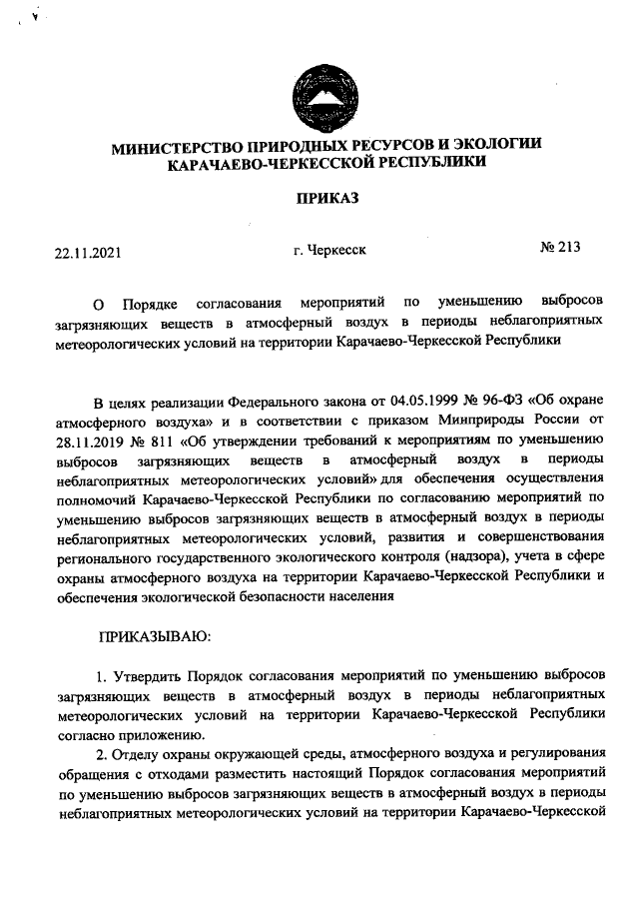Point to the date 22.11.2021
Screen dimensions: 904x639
point(88,252)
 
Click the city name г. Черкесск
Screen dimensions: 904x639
point(330,251)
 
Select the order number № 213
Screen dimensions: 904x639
point(560,249)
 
